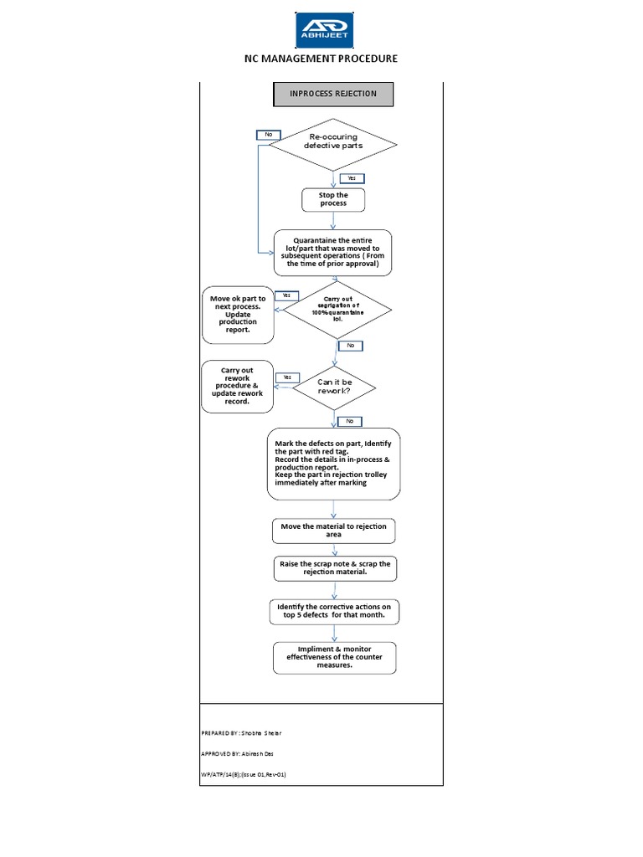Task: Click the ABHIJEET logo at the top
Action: point(324,30)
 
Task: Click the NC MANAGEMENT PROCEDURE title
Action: point(321,59)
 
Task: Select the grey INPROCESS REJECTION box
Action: point(333,95)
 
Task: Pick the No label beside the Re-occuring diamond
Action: point(269,135)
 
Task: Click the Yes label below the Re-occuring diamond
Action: point(352,178)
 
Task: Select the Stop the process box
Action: point(333,199)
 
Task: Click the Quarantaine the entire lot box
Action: point(333,253)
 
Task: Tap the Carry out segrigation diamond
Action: point(337,309)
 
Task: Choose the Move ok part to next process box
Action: point(238,314)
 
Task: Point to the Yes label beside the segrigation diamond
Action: point(286,295)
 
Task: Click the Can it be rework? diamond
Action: point(334,387)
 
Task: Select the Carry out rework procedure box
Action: point(237,386)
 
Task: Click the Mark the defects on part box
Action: point(333,464)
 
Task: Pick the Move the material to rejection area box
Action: point(333,530)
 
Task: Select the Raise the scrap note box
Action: point(333,568)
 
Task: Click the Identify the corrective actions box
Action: point(333,610)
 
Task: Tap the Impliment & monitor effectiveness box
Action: point(334,657)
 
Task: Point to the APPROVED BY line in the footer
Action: point(238,753)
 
